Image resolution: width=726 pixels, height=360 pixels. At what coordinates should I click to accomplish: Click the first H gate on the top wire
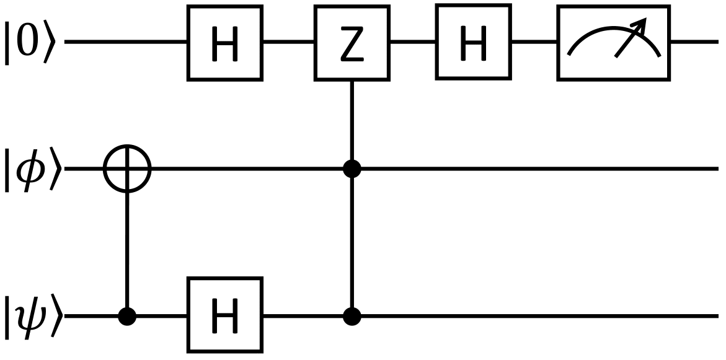point(226,43)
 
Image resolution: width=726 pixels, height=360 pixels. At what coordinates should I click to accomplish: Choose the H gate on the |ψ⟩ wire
point(226,315)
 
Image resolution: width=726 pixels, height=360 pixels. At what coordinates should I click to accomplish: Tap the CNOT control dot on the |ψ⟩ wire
point(127,316)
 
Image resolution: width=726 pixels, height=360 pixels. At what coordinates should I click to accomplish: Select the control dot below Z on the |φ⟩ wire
point(352,169)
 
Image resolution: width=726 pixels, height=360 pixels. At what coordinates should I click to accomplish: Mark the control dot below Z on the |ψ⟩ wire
point(352,316)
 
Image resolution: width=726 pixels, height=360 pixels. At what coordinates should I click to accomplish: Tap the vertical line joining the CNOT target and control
point(127,248)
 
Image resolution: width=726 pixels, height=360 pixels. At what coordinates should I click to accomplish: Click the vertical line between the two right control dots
point(352,242)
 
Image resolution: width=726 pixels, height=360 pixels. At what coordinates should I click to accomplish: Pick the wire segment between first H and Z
point(289,43)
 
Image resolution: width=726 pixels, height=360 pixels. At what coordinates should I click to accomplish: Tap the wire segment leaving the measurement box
point(694,43)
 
